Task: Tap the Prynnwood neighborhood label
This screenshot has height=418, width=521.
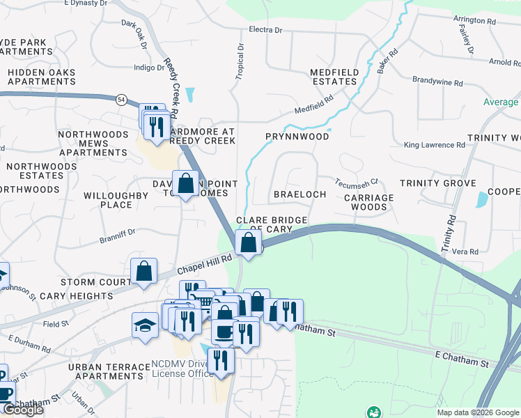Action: (x=297, y=137)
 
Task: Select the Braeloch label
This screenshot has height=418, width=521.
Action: (x=300, y=194)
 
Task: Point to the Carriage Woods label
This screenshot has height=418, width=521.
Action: (x=369, y=202)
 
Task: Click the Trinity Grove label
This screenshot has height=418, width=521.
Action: (x=437, y=183)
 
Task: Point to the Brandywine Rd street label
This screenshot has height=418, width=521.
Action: (x=437, y=82)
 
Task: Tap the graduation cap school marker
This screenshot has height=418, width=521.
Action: (x=145, y=325)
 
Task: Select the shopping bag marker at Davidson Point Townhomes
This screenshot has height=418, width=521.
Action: (x=186, y=184)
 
